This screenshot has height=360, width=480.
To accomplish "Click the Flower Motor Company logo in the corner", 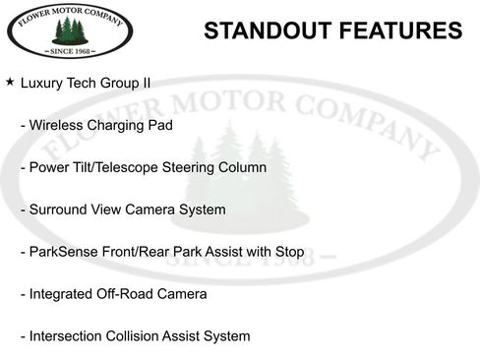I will (x=70, y=32).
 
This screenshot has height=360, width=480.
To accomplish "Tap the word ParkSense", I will (x=63, y=252).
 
